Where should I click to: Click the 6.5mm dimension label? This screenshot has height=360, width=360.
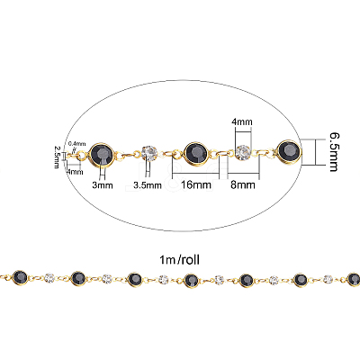point(334,152)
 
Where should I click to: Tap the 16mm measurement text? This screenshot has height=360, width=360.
point(196,184)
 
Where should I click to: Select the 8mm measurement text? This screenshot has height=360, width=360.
point(243,184)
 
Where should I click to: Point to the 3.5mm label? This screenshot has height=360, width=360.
point(148,185)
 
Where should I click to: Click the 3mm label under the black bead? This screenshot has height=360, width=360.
point(103,185)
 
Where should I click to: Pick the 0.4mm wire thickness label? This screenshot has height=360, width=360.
point(77,144)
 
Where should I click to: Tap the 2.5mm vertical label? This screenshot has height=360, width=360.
point(57,157)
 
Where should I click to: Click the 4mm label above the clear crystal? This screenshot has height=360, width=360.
point(242,121)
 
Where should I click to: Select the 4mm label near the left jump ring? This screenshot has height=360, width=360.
point(75,172)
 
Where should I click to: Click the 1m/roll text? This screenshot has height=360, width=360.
point(180,260)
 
